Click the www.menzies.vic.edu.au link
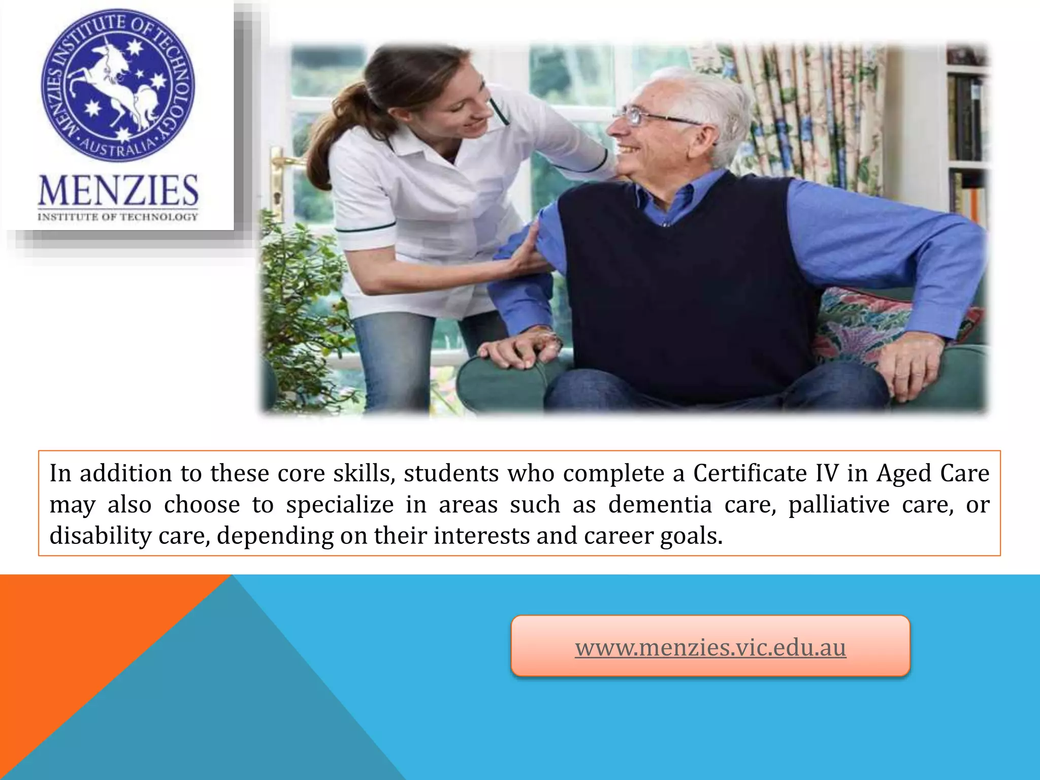(x=710, y=648)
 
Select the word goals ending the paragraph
(x=691, y=536)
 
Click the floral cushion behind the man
(x=863, y=320)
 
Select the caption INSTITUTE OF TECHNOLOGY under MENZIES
(x=118, y=217)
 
